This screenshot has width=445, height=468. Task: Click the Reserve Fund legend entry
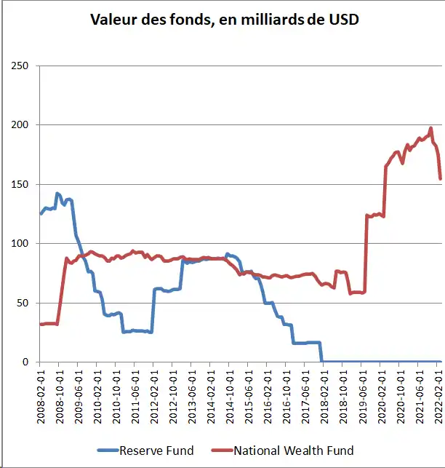(156, 451)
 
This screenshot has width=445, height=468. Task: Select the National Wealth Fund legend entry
(293, 451)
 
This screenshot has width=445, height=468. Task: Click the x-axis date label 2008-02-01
(41, 394)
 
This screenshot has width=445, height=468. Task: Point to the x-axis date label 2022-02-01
(438, 394)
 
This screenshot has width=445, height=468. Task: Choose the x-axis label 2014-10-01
(229, 394)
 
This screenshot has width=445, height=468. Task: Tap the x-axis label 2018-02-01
(324, 394)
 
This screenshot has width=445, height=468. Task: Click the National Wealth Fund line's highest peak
(430, 129)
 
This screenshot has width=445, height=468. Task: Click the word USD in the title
(342, 20)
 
